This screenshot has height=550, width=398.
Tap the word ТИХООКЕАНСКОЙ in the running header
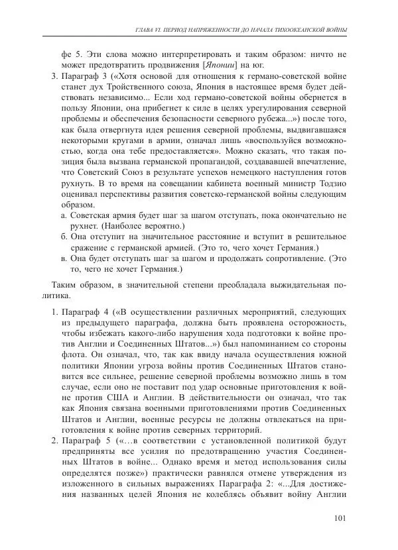point(296,31)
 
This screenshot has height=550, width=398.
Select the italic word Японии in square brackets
point(224,65)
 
